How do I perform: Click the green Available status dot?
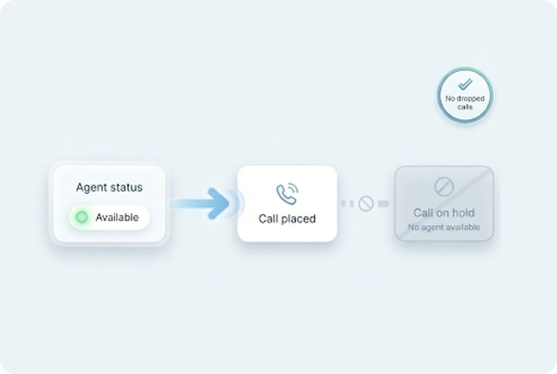click(x=82, y=218)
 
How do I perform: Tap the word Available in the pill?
click(x=117, y=218)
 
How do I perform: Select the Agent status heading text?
click(x=109, y=187)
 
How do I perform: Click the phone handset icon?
click(x=286, y=194)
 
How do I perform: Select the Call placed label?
click(x=287, y=219)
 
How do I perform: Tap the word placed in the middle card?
click(x=298, y=219)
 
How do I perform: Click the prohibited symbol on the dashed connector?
click(x=366, y=204)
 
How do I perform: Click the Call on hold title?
click(x=444, y=213)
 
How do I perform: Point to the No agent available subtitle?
click(x=444, y=227)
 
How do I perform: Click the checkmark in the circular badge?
click(x=465, y=84)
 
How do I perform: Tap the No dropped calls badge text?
click(x=465, y=102)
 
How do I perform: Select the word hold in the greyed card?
click(x=463, y=213)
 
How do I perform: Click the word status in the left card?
click(x=127, y=187)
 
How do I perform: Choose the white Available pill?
click(x=109, y=218)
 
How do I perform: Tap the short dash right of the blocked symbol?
click(x=383, y=204)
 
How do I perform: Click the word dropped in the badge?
click(x=471, y=99)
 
